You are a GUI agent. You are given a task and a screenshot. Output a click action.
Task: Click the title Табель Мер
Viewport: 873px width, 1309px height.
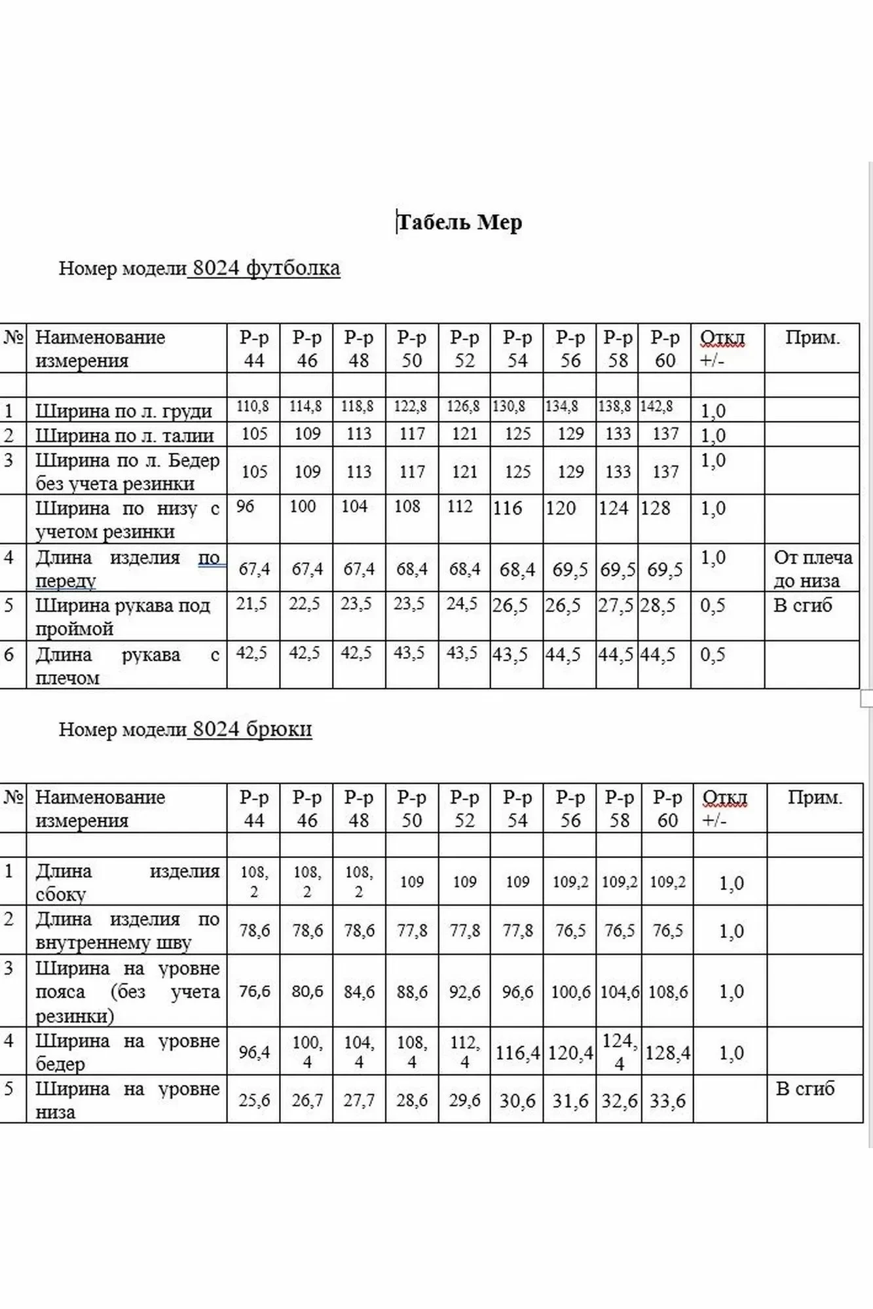459,223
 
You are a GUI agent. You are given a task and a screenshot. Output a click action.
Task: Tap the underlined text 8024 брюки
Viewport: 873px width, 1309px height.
251,728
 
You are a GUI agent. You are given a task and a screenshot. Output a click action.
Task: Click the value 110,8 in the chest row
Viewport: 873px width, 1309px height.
253,406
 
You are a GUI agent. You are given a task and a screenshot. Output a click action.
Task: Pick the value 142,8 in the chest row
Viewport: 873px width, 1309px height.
656,406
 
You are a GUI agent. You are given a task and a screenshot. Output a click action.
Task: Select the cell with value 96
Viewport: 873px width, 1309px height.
245,507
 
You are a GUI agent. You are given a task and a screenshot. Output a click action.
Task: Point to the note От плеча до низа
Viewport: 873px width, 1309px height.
812,569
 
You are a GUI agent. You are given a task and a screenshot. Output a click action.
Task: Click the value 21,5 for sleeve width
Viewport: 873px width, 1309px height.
252,604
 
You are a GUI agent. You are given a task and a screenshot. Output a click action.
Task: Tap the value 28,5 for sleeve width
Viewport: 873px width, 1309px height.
658,605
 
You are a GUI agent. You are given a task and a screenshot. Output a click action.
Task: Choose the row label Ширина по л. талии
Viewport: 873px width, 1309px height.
124,435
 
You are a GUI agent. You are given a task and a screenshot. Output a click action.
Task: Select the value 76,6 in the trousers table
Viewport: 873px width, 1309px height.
254,992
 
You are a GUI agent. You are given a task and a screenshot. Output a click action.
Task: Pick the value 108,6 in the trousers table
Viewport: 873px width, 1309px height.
668,992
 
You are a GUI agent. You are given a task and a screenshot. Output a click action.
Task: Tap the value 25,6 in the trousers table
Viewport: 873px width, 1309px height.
254,1100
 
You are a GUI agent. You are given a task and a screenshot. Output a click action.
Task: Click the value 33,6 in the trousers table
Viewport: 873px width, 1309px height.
668,1101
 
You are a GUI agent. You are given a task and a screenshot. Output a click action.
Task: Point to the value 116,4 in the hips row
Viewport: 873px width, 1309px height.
517,1052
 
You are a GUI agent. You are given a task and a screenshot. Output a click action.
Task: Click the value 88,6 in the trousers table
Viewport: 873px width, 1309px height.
412,992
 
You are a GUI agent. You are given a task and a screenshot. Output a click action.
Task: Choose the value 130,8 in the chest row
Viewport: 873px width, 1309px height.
509,406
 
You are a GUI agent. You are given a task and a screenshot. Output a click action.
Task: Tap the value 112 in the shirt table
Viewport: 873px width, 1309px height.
460,507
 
